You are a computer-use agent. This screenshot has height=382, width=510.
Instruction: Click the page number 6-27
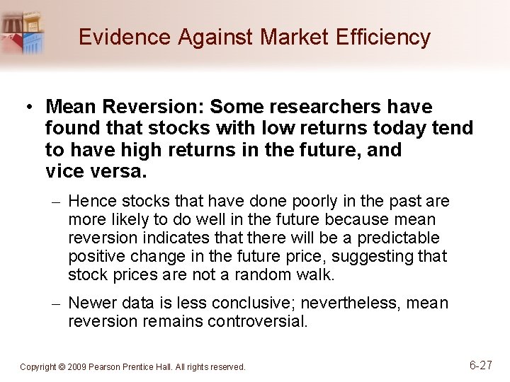[x=481, y=365]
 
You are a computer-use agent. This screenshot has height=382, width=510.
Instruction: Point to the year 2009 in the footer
[x=79, y=367]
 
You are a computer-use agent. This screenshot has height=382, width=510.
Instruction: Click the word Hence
[x=90, y=202]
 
